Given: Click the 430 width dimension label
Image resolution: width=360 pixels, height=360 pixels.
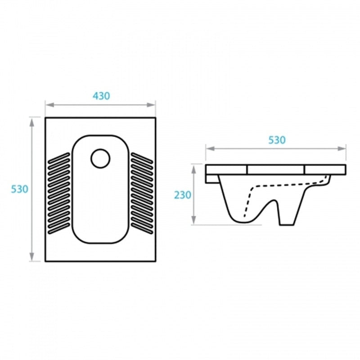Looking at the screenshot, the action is pyautogui.click(x=101, y=96).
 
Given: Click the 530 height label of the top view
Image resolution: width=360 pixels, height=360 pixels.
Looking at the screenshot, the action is pyautogui.click(x=19, y=189).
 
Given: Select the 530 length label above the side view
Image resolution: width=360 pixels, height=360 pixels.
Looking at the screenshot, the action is pyautogui.click(x=277, y=140).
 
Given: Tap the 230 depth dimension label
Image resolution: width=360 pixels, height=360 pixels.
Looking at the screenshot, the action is pyautogui.click(x=183, y=195).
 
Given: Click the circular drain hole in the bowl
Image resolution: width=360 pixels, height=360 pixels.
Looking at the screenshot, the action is pyautogui.click(x=100, y=158).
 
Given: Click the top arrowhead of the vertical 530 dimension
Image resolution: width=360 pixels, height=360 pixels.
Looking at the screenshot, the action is pyautogui.click(x=32, y=122).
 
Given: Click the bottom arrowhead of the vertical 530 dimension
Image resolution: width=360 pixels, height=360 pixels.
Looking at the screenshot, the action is pyautogui.click(x=32, y=256).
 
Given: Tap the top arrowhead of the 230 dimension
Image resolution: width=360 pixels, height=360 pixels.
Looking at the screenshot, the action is pyautogui.click(x=194, y=169).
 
